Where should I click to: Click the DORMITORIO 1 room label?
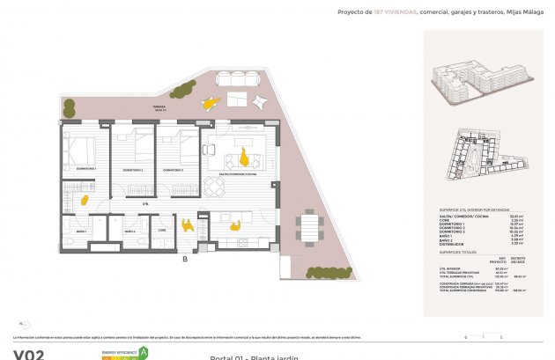85,168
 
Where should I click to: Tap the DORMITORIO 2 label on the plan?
134,168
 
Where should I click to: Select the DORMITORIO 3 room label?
174,168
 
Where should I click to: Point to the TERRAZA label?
158,107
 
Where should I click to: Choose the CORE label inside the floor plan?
162,231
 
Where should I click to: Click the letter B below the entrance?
184,259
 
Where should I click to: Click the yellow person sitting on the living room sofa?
244,158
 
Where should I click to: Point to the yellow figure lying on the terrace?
208,104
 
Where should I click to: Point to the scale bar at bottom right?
483,336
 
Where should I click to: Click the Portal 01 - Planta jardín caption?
255,356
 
